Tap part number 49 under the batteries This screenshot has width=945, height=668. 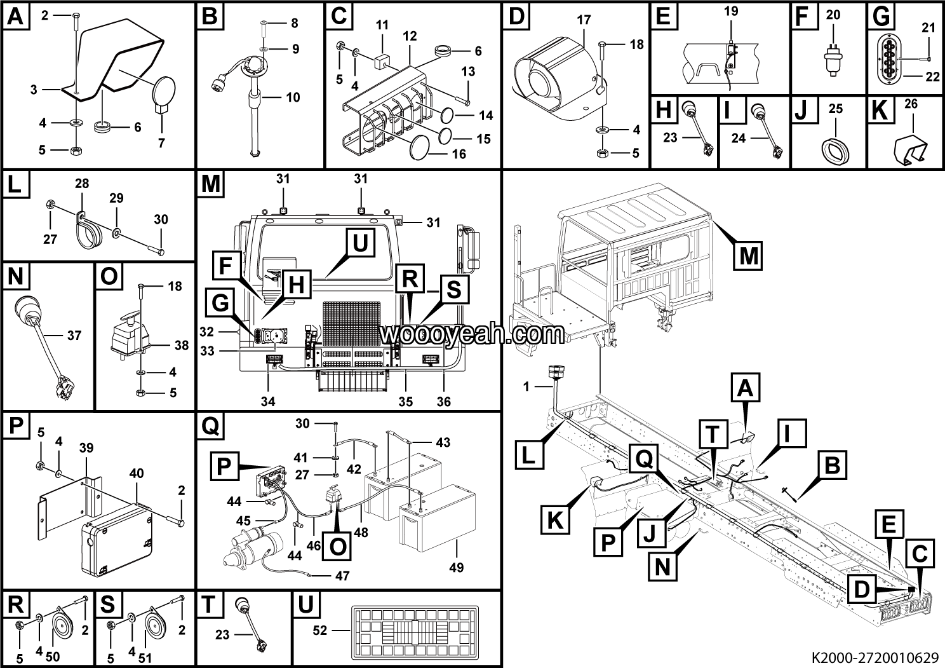click(x=456, y=567)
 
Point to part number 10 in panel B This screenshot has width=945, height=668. click(x=293, y=97)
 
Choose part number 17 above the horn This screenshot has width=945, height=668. click(x=584, y=20)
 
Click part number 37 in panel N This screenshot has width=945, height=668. click(x=74, y=335)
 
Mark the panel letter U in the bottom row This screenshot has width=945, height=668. click(x=305, y=605)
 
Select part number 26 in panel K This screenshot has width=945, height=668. click(x=911, y=104)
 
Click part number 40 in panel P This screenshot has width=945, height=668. click(x=137, y=473)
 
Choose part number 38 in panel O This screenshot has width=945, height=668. click(x=181, y=346)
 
